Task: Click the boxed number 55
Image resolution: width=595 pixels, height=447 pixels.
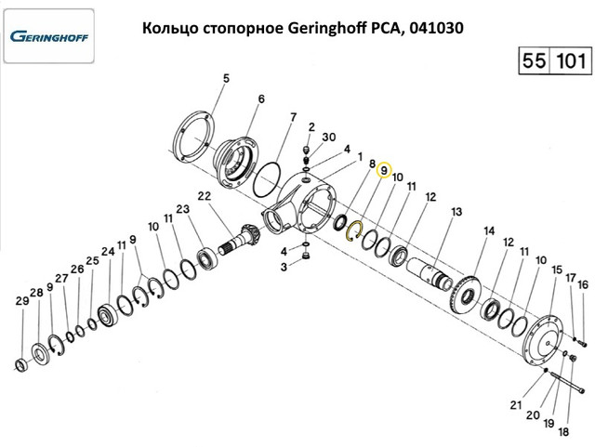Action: (535, 62)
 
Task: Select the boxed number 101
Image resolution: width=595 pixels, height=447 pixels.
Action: (568, 62)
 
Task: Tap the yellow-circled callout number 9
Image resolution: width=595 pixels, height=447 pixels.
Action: (383, 170)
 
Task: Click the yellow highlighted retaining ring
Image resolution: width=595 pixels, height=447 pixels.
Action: (352, 229)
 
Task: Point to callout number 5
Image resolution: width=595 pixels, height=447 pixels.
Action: (224, 79)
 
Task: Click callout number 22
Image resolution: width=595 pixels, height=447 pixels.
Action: (205, 195)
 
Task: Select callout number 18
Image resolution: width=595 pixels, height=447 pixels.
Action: (562, 431)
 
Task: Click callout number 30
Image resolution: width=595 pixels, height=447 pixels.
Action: (328, 136)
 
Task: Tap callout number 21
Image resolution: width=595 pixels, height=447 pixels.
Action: (515, 403)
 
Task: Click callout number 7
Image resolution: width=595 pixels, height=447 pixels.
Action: (293, 117)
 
